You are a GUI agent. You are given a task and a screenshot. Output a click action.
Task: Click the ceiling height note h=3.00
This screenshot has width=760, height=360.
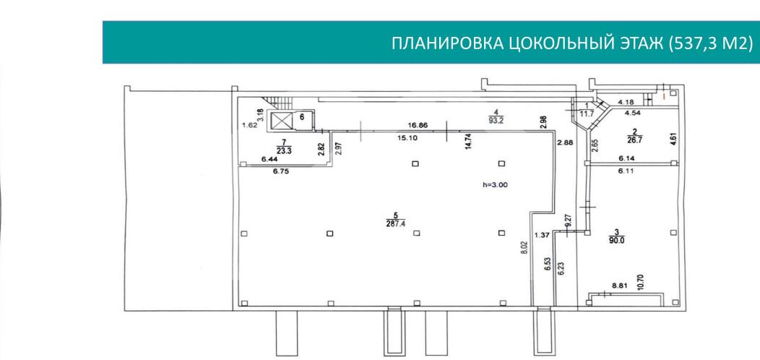click(496, 184)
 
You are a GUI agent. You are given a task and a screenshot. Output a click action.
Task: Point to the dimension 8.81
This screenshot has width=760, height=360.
click(620, 286)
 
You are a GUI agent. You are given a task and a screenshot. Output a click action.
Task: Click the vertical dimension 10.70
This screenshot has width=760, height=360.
click(640, 280)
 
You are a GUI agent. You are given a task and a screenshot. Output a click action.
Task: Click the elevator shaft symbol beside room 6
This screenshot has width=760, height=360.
click(280, 121)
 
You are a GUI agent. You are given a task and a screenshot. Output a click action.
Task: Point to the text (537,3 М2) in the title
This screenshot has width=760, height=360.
click(712, 43)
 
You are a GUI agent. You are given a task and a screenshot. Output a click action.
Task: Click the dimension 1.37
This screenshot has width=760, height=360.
click(542, 234)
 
